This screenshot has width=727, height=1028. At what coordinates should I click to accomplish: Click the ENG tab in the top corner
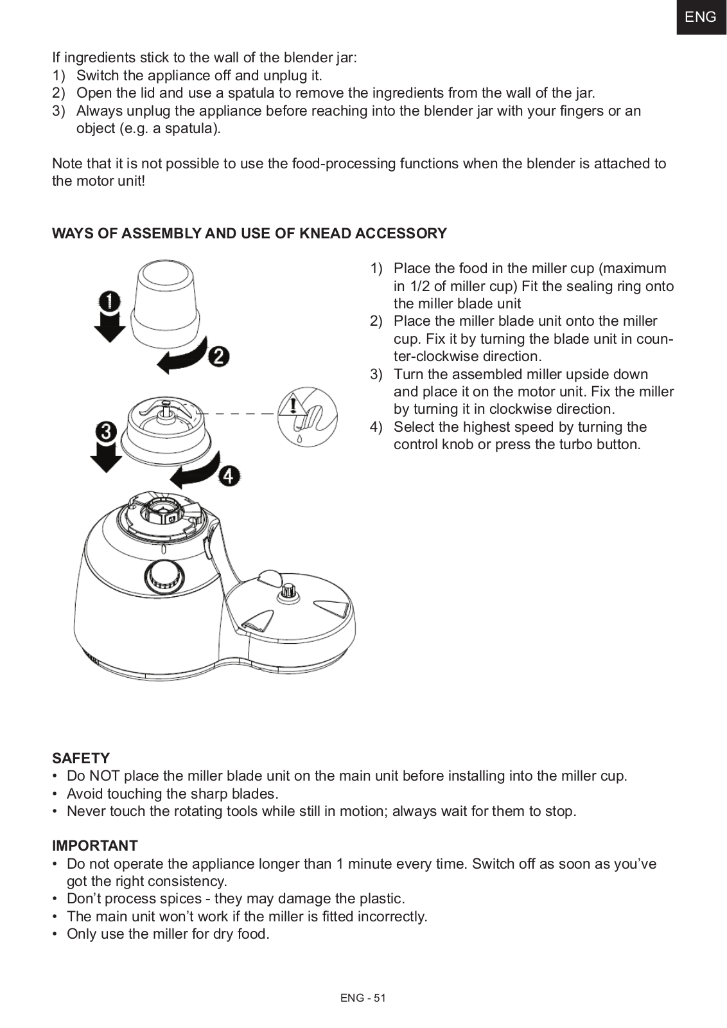click(x=700, y=17)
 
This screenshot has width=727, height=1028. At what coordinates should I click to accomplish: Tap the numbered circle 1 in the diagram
click(x=110, y=301)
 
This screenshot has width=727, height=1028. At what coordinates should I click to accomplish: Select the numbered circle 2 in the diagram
click(x=218, y=355)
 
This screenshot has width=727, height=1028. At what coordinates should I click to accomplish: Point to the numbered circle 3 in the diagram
click(x=107, y=431)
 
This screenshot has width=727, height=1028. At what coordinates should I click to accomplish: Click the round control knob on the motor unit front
click(x=162, y=574)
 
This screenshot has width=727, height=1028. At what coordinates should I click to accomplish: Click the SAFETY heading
click(x=81, y=758)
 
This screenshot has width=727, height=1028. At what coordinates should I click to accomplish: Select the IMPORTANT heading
click(x=95, y=846)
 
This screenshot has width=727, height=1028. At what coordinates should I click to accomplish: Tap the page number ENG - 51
click(x=363, y=998)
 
